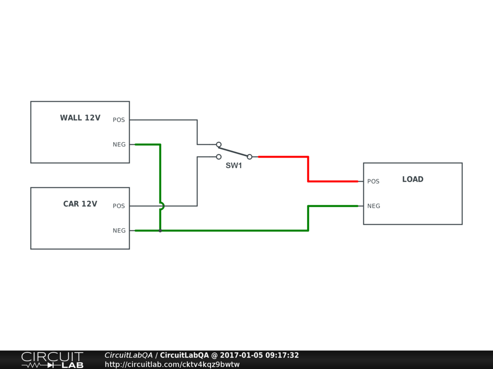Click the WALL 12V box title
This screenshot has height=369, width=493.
point(80,118)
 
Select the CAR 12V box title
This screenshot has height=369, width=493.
point(80,204)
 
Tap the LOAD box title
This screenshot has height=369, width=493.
point(413,179)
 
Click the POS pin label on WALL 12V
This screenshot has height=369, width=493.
point(119,120)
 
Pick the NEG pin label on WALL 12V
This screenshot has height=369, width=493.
point(119,145)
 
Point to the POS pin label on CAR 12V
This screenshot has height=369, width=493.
point(119,206)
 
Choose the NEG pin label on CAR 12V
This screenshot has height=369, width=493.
point(119,231)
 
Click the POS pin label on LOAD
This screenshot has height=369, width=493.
point(373,182)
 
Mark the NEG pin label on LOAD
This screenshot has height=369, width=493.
point(374,206)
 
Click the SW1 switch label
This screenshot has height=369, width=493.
point(234,166)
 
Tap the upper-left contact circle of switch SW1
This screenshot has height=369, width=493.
point(219,144)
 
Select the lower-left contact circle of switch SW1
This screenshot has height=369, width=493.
point(219,157)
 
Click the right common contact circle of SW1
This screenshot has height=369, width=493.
point(249,157)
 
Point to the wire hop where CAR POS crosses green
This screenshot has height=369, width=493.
point(161,206)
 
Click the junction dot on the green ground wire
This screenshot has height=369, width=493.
point(160,231)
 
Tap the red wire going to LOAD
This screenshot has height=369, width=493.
point(308,169)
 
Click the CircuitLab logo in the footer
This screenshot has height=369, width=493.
point(52,360)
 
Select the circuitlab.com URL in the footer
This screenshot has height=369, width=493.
point(172,364)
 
